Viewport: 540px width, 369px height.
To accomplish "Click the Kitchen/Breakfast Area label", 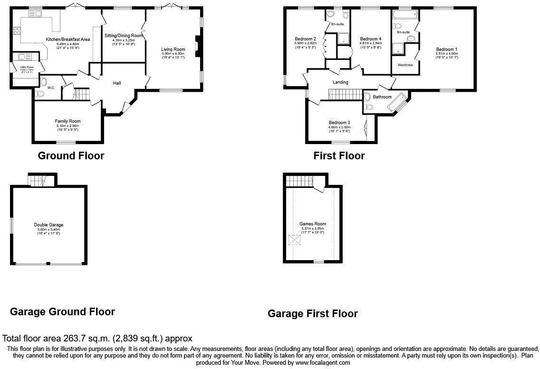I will coord(67,39).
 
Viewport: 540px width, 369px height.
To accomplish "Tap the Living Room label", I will coord(173,49).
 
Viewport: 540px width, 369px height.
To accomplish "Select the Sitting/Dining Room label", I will coord(124,35).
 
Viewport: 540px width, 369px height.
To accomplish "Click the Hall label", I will coord(117,83).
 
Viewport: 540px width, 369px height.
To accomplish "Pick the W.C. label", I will coord(51,88).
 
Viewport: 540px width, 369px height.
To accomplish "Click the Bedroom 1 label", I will coord(446,49).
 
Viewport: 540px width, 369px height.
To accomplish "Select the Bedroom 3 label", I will coord(339,122).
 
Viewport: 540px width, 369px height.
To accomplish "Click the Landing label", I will coord(340,82).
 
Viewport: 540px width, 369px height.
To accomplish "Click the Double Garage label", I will coord(48,225).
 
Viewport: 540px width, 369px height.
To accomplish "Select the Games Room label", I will coord(312,223).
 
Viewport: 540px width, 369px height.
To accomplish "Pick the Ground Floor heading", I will coord(71,155).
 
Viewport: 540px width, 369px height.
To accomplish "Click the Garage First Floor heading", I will coord(312,313).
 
